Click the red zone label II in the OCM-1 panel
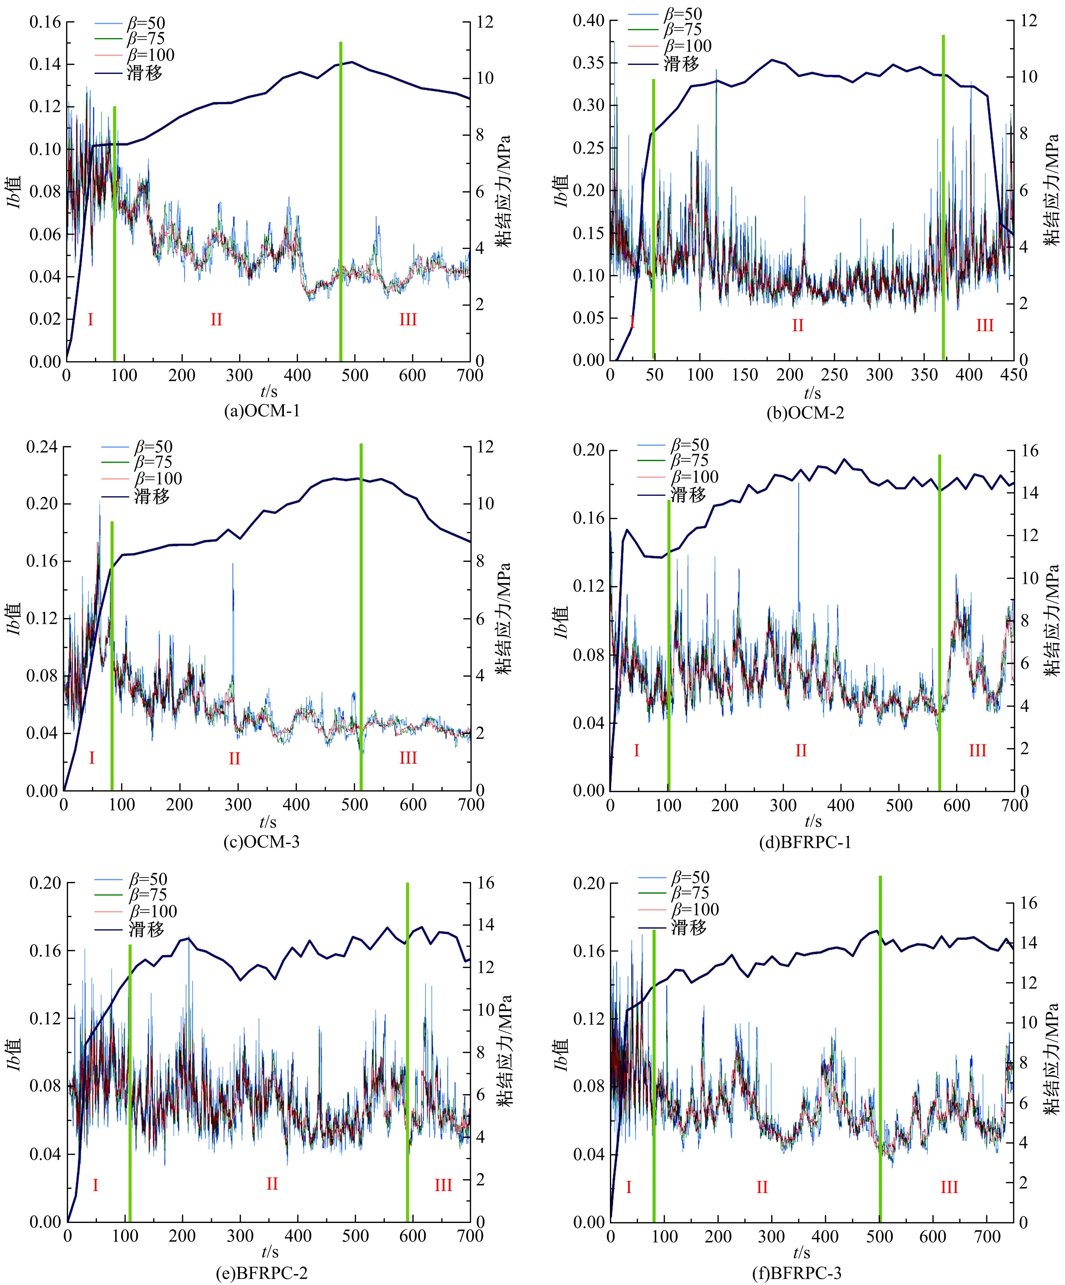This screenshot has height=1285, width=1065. click(x=216, y=319)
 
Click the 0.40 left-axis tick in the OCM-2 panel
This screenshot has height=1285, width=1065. click(x=588, y=21)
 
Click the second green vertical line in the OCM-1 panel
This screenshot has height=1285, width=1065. click(x=341, y=202)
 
